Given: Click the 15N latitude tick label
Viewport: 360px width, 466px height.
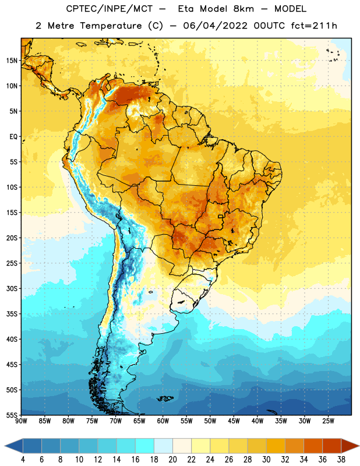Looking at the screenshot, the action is click(x=12, y=61).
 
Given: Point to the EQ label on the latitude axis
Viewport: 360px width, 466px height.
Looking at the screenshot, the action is click(x=13, y=137).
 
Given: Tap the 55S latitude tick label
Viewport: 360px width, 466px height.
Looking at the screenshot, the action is click(x=12, y=415).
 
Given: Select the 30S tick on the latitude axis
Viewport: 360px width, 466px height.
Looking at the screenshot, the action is click(x=12, y=288).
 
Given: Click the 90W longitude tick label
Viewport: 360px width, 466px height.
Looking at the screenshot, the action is click(x=21, y=421).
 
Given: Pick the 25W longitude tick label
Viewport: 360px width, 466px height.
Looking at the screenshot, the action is click(x=328, y=421).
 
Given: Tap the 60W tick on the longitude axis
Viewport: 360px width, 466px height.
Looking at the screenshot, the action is click(x=163, y=421).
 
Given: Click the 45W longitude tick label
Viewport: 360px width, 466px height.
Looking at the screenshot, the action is click(x=234, y=421).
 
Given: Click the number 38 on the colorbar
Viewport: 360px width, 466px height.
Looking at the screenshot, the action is click(x=341, y=460).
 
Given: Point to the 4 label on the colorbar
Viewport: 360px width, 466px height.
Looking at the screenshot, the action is click(x=23, y=460).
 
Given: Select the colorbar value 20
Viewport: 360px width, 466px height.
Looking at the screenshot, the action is click(x=172, y=460).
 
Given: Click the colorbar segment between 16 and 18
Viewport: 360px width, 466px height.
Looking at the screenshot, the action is click(x=145, y=446).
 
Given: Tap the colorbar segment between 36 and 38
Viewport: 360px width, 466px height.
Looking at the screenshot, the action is click(x=332, y=446).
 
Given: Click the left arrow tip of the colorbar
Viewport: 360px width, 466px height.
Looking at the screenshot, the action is click(x=5, y=446).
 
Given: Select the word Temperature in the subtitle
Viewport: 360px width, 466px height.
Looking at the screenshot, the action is click(x=111, y=26).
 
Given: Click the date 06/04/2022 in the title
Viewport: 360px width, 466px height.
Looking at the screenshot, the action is click(x=215, y=26).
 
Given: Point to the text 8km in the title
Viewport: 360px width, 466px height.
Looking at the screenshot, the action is click(x=243, y=9).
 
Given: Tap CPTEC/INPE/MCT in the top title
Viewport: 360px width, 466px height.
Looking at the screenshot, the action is click(x=109, y=9).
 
